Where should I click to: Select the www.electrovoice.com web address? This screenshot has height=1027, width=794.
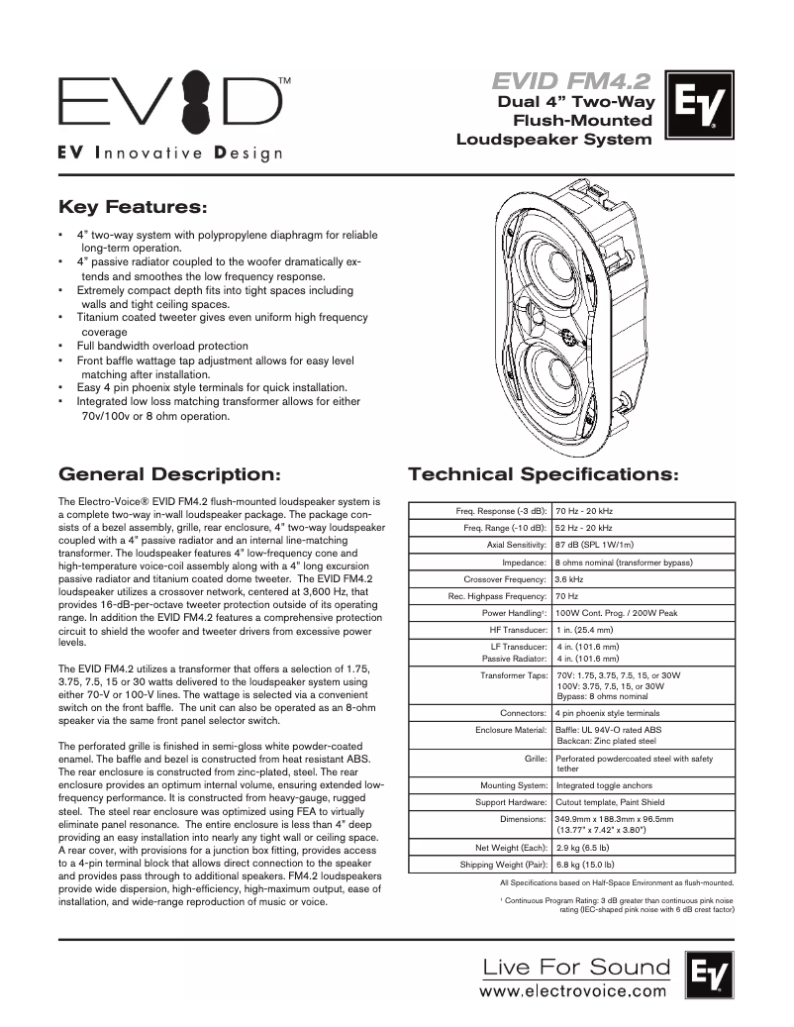point(573,989)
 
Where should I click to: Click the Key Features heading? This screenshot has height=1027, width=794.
point(134,208)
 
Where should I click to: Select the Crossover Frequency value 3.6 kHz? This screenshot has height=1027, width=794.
point(568,578)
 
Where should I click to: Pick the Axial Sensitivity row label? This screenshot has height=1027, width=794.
point(516,545)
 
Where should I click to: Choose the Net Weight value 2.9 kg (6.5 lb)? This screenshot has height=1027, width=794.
point(582,848)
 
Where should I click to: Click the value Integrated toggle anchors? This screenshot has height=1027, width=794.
point(603,784)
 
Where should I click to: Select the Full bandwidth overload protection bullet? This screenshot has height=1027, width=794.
point(162,346)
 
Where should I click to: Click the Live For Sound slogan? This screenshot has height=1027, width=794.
point(575,966)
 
